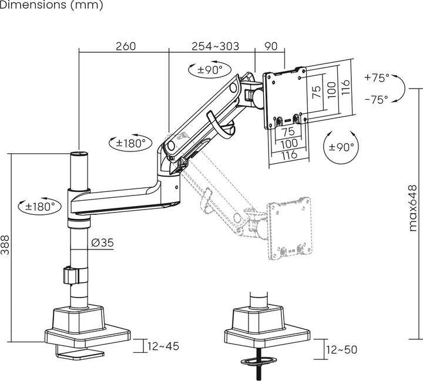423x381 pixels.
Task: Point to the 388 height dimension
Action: tap(6, 245)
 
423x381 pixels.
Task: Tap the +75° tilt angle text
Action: tap(376, 77)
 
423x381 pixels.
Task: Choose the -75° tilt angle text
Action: tap(376, 99)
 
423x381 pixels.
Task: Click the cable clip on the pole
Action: tap(70, 275)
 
